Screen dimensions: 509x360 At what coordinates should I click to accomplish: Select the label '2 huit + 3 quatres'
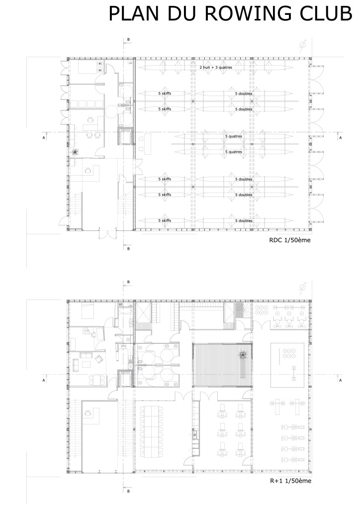pyautogui.click(x=215, y=67)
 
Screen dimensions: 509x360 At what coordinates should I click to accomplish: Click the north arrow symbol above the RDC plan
pyautogui.click(x=302, y=47)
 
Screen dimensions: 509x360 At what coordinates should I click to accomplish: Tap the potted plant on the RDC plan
pyautogui.click(x=75, y=152)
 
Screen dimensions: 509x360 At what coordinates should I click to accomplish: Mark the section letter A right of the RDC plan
pyautogui.click(x=340, y=137)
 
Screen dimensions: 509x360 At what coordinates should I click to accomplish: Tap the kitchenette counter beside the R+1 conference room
pyautogui.click(x=195, y=433)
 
